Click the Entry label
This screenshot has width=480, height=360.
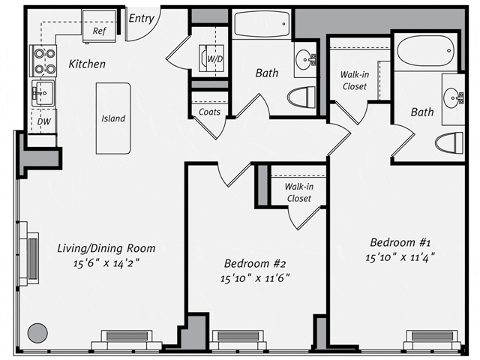click(x=141, y=18)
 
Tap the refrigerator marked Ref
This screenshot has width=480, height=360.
click(x=99, y=27)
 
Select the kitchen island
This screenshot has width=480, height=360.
click(x=113, y=118)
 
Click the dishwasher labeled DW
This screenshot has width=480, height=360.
click(x=43, y=121)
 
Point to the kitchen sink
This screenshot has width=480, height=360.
click(x=43, y=92)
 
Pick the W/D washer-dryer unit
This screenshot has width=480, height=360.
click(x=211, y=58)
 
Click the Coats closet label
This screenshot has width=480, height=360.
click(x=209, y=112)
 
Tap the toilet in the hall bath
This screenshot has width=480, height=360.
click(x=301, y=97)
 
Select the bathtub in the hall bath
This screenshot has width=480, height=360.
click(x=262, y=24)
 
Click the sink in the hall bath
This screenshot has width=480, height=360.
click(x=305, y=59)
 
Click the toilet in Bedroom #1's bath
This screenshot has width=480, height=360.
click(x=449, y=142)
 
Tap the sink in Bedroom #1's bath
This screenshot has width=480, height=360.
click(x=454, y=98)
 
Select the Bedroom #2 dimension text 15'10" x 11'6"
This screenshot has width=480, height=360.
click(x=255, y=278)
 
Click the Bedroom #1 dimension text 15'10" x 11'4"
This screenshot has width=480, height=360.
click(x=400, y=256)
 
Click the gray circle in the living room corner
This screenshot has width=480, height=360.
click(x=37, y=333)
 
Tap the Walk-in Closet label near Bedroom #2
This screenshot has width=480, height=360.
click(x=298, y=192)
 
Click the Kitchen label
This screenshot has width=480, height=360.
click(x=87, y=64)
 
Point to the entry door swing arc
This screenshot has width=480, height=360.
click(x=151, y=32)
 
